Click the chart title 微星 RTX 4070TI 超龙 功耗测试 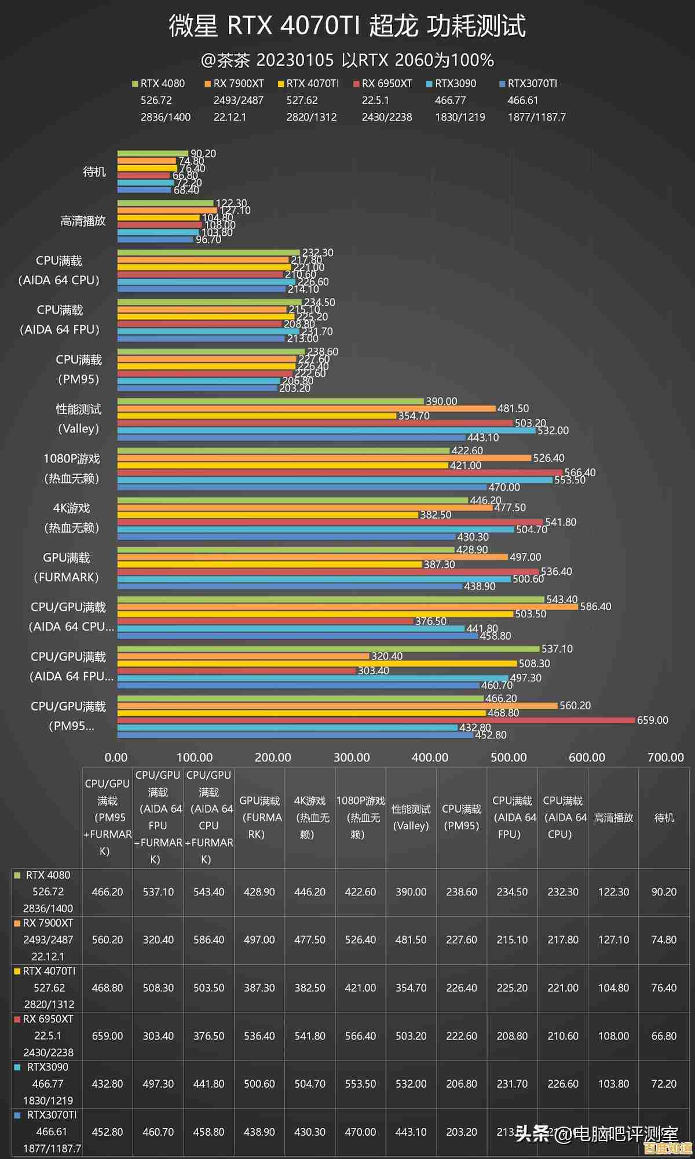point(347,26)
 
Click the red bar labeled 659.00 point(376,720)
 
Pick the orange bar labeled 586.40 point(348,607)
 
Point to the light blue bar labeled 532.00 point(326,431)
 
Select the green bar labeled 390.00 point(270,401)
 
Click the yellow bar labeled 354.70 point(257,416)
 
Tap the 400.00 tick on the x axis point(430,757)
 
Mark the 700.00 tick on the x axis point(665,757)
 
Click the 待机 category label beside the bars point(94,172)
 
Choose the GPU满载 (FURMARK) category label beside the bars point(66,567)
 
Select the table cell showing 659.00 point(107,1036)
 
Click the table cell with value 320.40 point(158,939)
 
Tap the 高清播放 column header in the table point(613,818)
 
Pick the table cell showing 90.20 point(664,892)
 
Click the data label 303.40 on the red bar point(374,670)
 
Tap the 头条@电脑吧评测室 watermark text point(597,1133)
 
